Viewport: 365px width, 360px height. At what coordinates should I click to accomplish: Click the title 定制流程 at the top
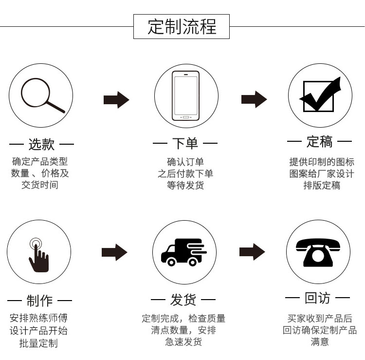click(182, 27)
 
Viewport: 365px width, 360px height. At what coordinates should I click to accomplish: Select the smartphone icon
click(185, 96)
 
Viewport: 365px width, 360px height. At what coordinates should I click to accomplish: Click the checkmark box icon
click(320, 95)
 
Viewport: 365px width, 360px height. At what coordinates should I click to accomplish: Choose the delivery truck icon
click(184, 252)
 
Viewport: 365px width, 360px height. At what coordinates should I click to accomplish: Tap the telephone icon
click(318, 252)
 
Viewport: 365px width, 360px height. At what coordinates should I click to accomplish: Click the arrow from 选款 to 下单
click(116, 100)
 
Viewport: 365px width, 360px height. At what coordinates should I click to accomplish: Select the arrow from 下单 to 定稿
click(254, 99)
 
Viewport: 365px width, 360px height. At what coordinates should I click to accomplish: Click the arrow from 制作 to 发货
click(114, 252)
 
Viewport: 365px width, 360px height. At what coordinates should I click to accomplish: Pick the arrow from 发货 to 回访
click(252, 252)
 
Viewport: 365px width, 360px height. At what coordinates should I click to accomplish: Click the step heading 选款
click(42, 144)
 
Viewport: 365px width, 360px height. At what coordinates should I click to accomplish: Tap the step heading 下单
click(185, 143)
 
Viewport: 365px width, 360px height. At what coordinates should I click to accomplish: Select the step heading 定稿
click(319, 141)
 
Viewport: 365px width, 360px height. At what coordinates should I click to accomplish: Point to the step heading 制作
click(39, 301)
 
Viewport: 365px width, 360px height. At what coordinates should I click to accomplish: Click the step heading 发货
click(183, 300)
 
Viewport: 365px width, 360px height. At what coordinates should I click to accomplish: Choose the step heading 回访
click(317, 298)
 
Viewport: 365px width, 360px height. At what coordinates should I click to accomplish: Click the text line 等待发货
click(185, 186)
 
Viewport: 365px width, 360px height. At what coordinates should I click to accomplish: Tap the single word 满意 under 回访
click(320, 342)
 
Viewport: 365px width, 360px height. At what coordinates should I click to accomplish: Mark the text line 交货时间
click(40, 185)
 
